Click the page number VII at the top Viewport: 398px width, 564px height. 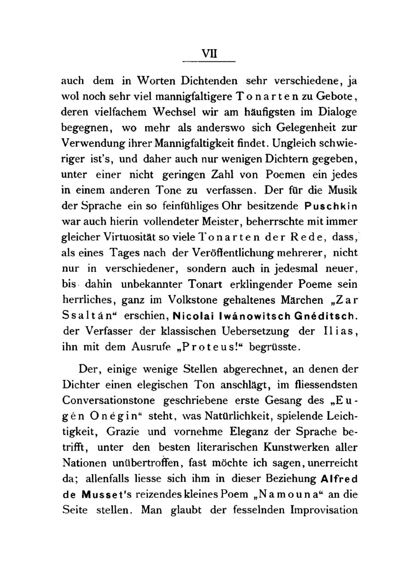pyautogui.click(x=209, y=53)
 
